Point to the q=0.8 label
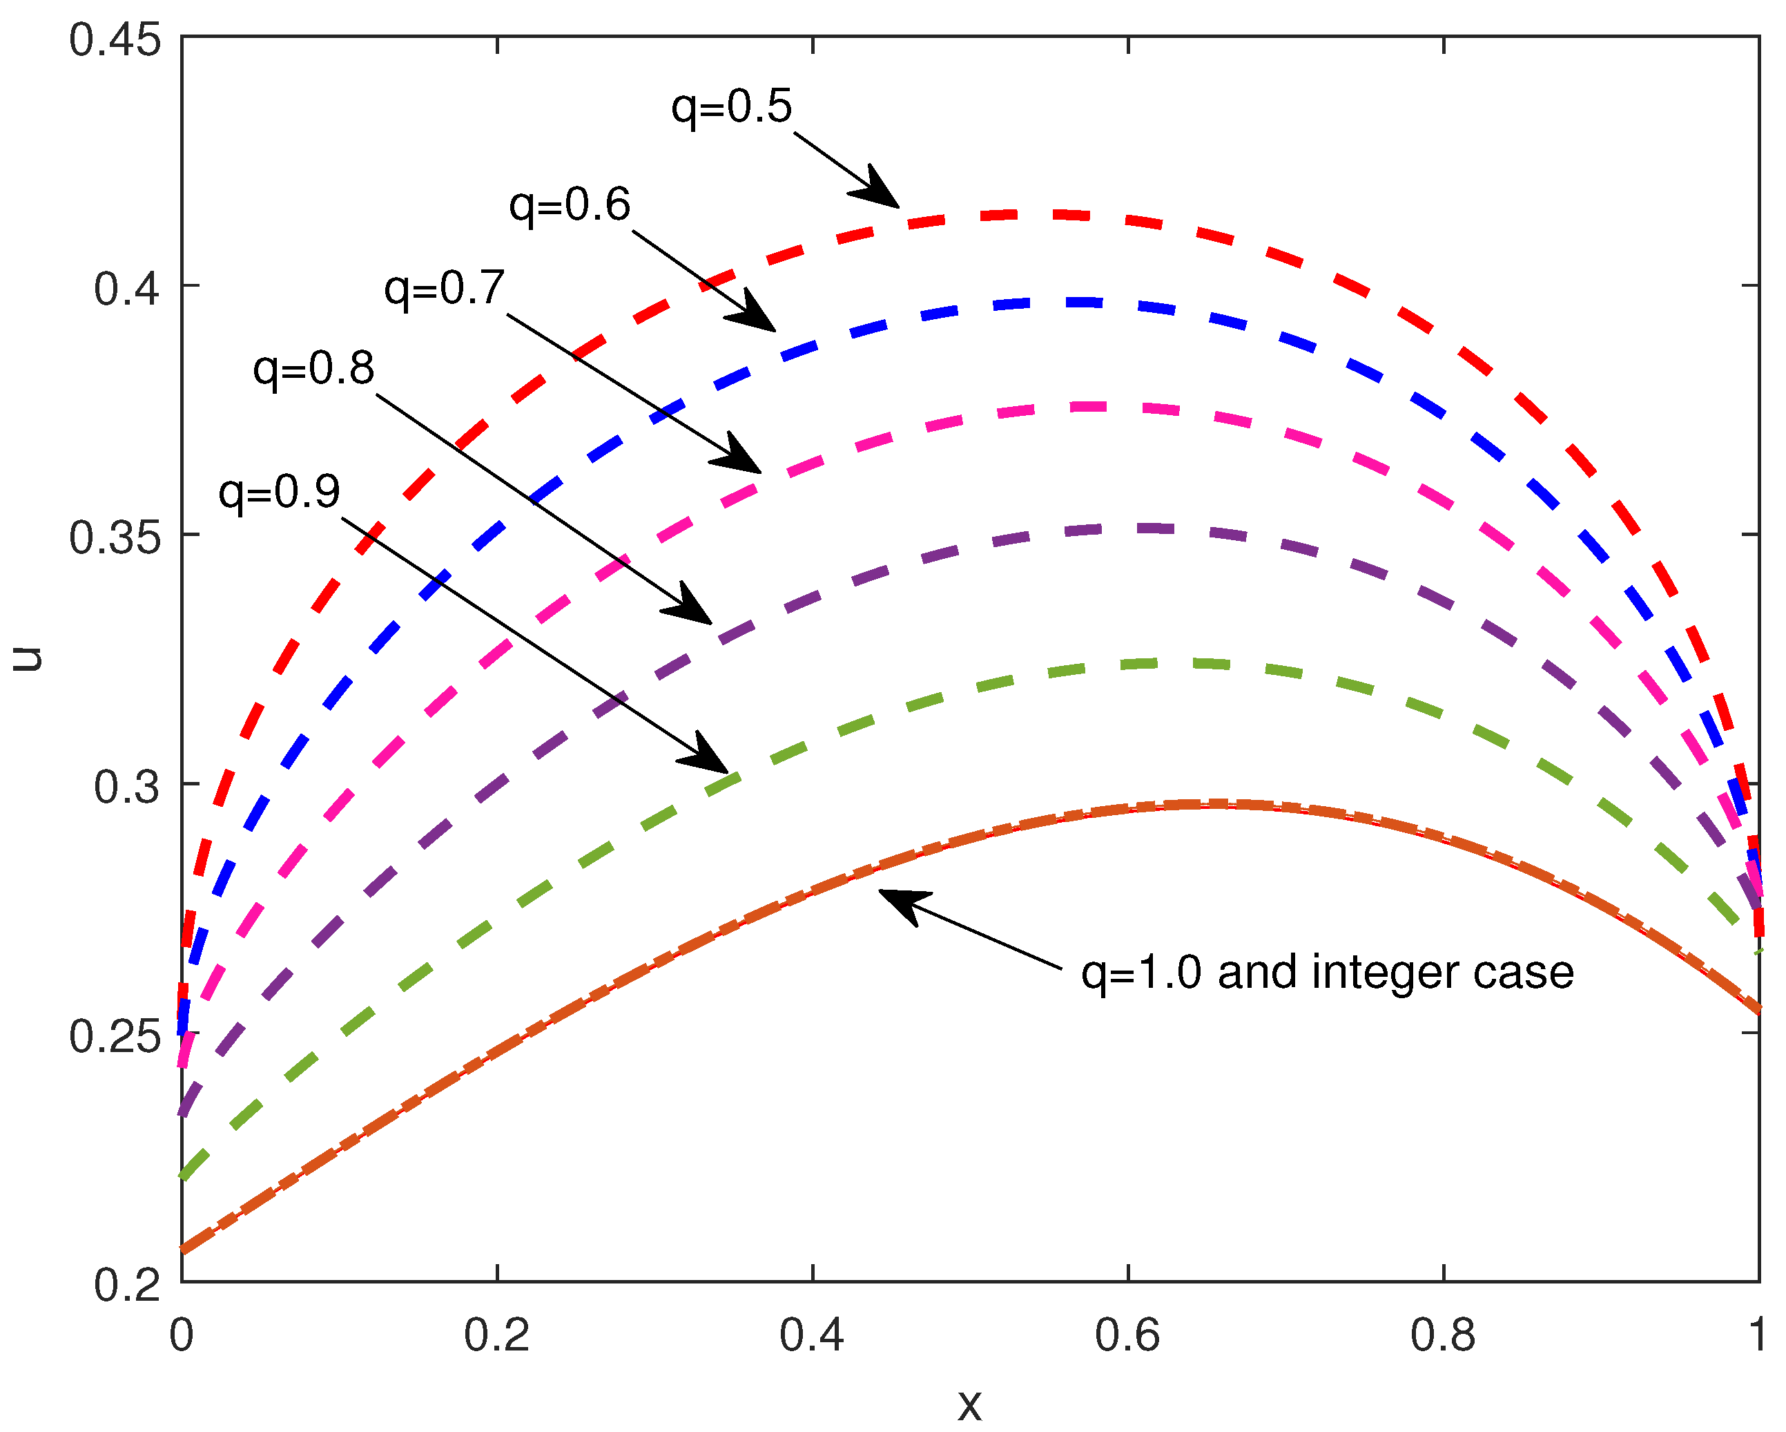pos(313,369)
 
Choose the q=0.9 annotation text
pos(279,493)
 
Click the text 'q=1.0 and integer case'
pos(1327,972)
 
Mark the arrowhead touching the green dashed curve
pos(709,754)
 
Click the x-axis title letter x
pos(969,1404)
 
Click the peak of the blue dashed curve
pos(1077,303)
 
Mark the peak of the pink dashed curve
pos(1094,407)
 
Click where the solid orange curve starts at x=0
pos(184,1250)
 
